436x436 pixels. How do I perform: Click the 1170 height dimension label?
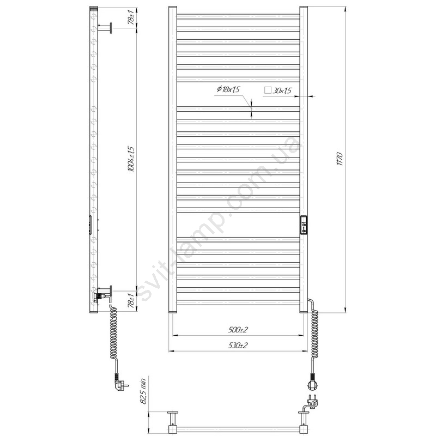coord(340,159)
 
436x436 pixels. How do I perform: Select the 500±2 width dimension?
coord(238,330)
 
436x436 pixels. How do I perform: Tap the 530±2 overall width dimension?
coord(238,346)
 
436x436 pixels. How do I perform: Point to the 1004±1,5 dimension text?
coord(131,159)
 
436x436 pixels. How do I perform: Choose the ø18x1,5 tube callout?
coord(228,89)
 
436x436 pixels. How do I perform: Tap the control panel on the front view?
coord(304,225)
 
